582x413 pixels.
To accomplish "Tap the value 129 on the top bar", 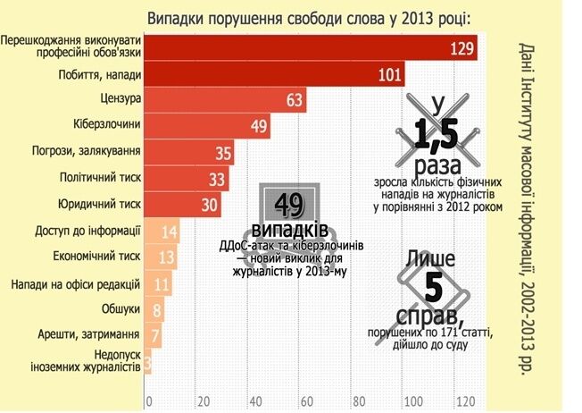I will coord(461,48).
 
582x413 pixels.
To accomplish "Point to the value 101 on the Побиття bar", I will coord(390,74).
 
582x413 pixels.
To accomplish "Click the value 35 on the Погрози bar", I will coord(222,153).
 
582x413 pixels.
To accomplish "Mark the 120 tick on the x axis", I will coord(462,399).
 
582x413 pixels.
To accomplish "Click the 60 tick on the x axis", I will coord(306,399).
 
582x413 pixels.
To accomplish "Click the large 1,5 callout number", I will coord(436,134).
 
